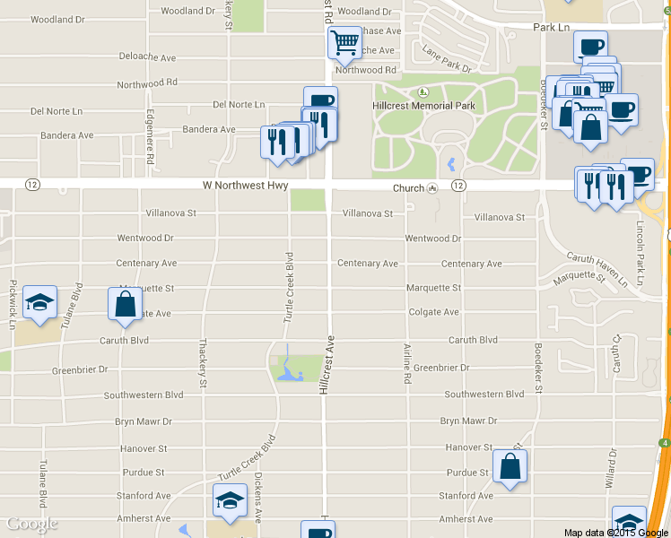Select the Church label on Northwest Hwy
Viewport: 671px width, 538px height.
(408, 188)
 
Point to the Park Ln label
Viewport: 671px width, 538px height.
(552, 28)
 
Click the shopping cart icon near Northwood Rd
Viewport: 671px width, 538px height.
(345, 41)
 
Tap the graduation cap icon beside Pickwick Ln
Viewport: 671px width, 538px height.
(39, 302)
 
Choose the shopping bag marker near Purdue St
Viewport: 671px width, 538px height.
(510, 466)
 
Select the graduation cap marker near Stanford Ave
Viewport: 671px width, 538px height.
(230, 499)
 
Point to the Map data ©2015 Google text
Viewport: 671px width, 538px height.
(614, 533)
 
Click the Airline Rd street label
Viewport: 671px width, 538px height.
(407, 364)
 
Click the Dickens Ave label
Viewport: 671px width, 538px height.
(257, 498)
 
